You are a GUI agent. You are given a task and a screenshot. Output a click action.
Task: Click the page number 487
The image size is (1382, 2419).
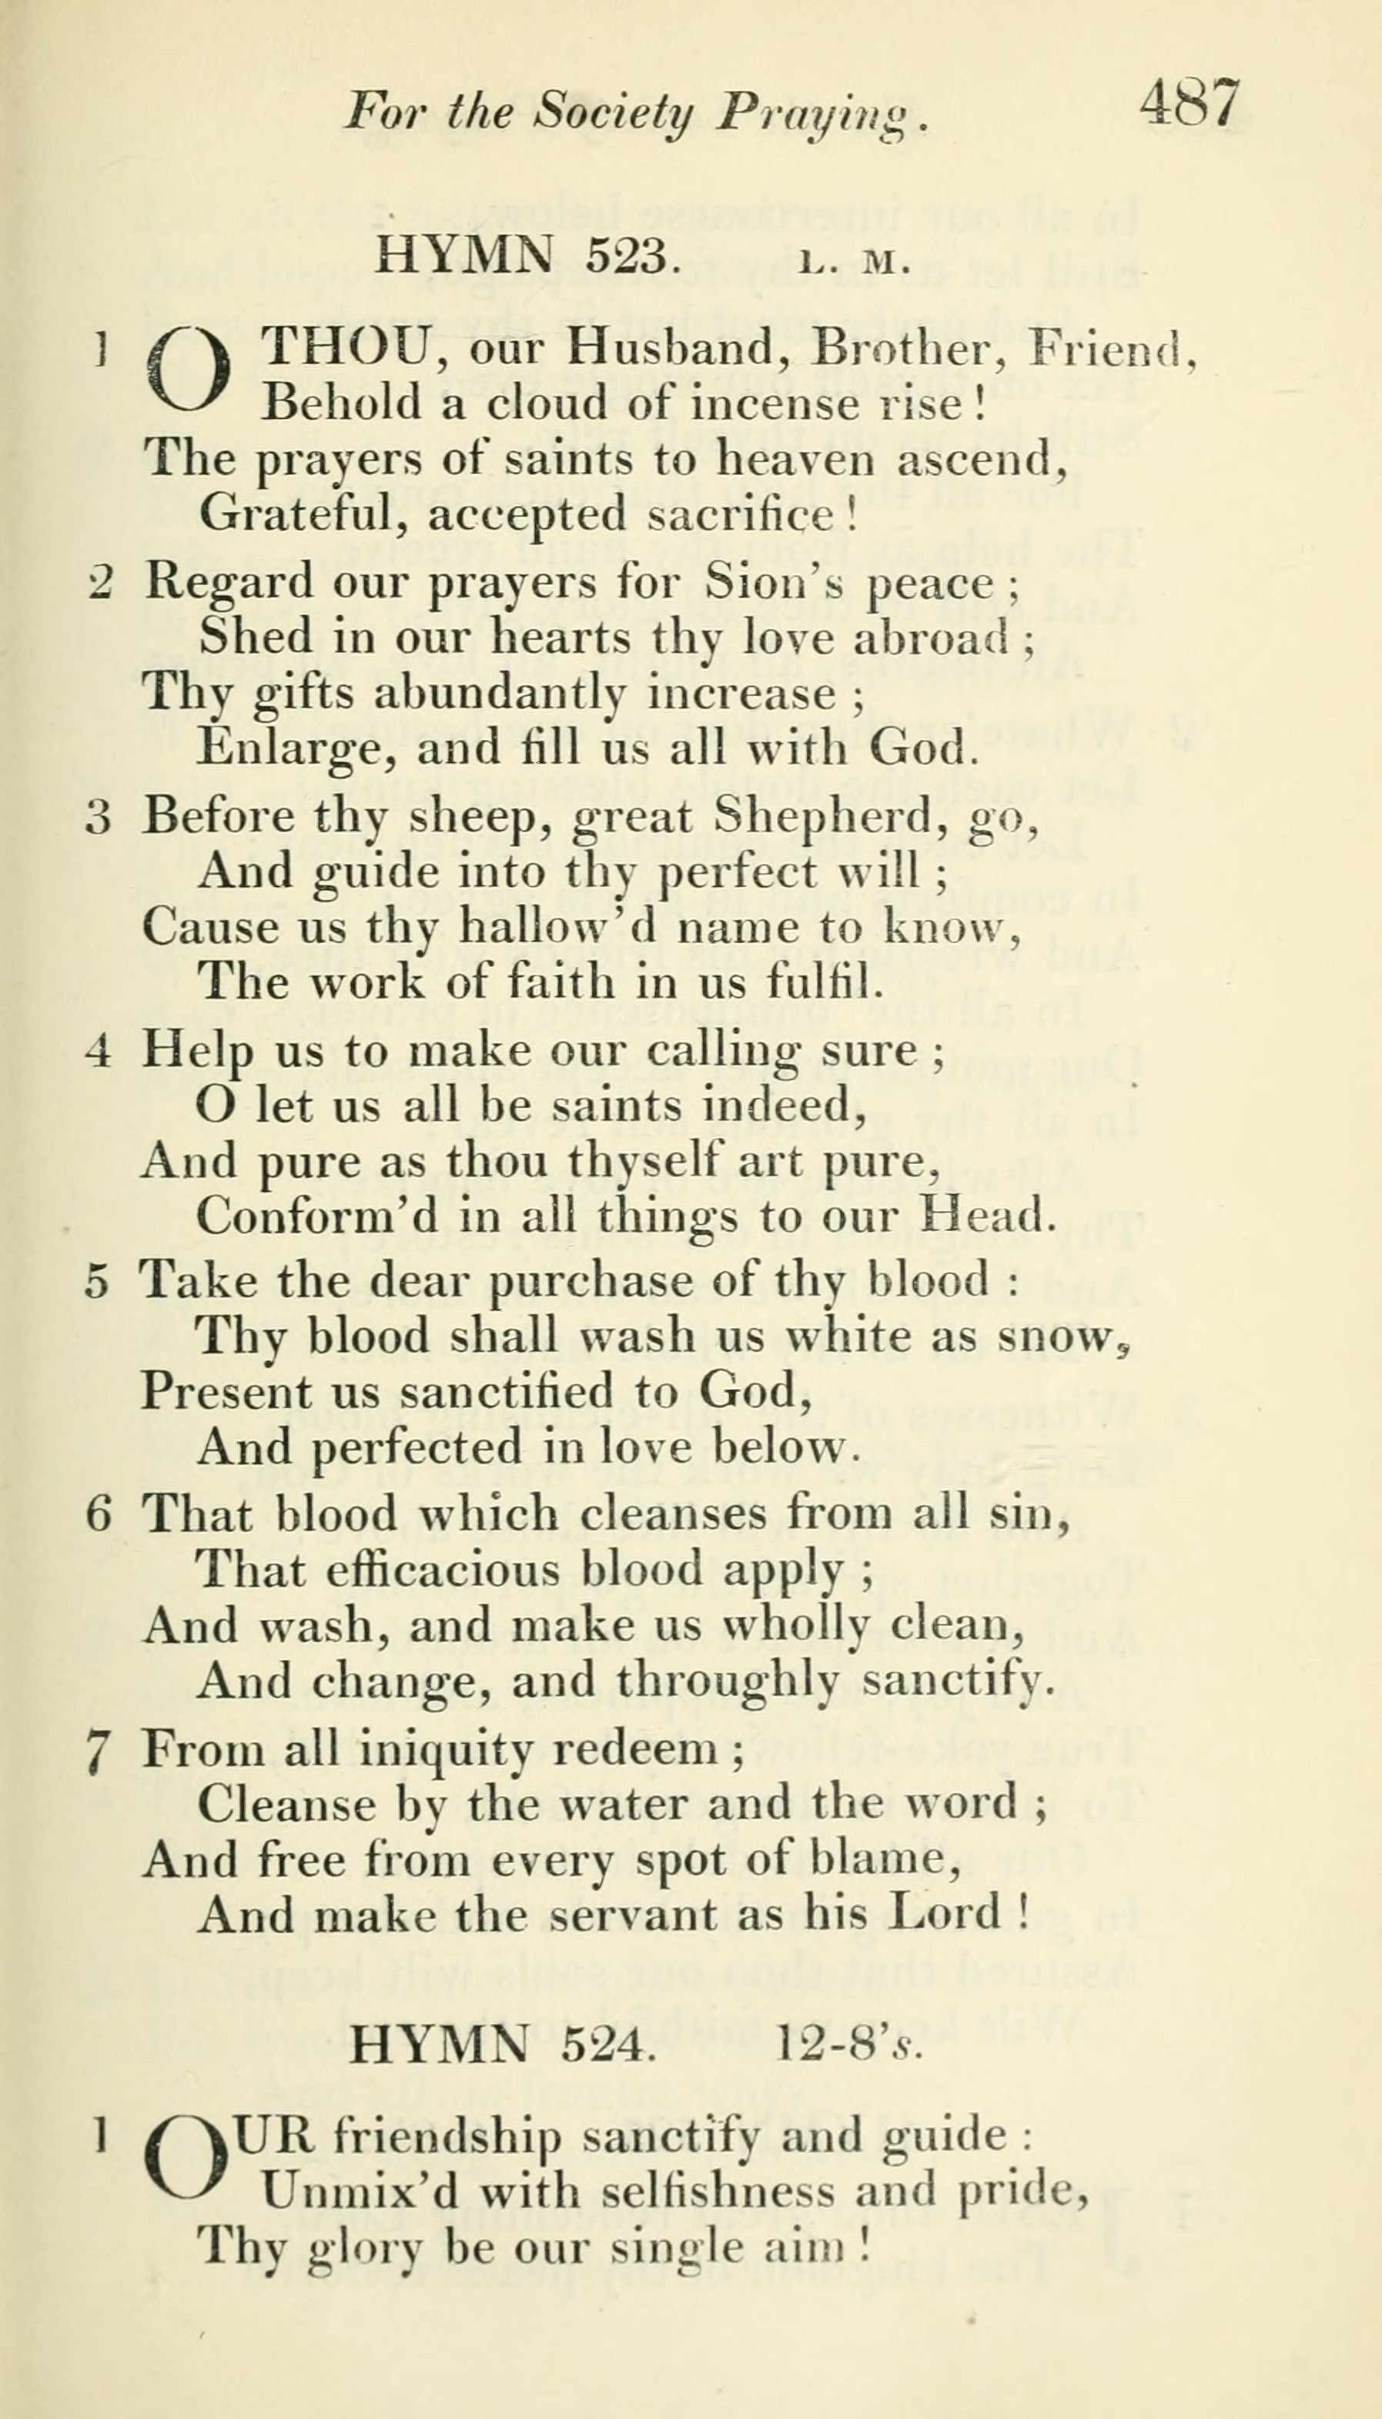coord(1190,105)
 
